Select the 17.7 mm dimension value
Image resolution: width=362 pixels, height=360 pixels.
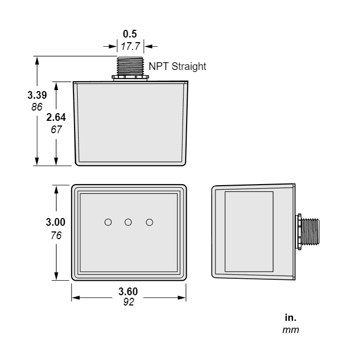tap(130, 46)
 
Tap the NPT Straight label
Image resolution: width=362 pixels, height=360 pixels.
tap(177, 66)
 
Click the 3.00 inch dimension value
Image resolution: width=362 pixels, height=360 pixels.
tap(56, 223)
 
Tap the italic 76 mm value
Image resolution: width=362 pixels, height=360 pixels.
tap(56, 235)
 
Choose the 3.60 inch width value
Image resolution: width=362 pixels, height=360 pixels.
tap(128, 291)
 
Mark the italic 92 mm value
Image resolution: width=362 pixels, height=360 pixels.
tap(128, 302)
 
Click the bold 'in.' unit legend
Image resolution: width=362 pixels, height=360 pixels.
tap(290, 317)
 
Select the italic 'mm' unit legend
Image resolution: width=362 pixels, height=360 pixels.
tap(291, 329)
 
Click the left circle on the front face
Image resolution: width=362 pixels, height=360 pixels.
tap(108, 222)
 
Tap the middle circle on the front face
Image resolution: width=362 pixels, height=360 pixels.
tap(129, 222)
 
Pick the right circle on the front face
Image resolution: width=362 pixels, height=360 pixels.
tap(150, 222)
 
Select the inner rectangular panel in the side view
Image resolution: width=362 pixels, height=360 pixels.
tap(249, 232)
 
